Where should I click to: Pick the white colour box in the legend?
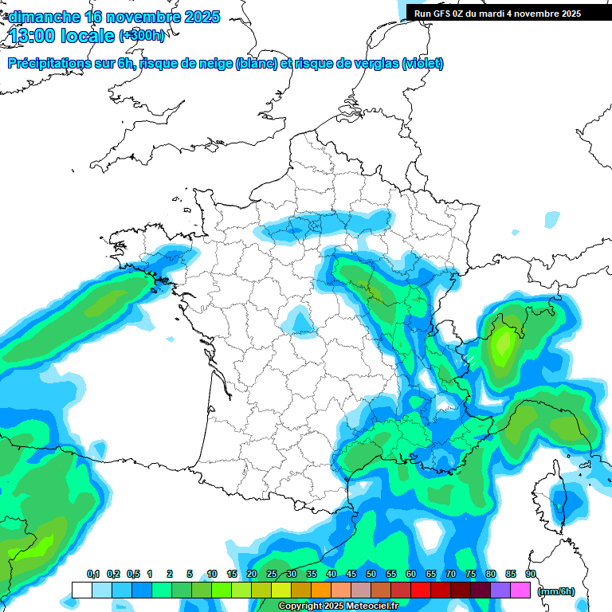coord(81,590)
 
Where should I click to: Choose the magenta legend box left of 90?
coord(520,590)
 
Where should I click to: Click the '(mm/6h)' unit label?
coord(555,590)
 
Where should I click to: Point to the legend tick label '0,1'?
coord(93,574)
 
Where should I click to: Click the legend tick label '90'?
coord(531,574)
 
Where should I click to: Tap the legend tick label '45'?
coord(351,574)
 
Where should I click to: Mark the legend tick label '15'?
coord(232,574)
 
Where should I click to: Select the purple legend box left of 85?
coord(500,590)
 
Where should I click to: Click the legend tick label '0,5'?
coord(133,574)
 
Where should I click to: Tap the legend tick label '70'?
coord(451,574)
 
